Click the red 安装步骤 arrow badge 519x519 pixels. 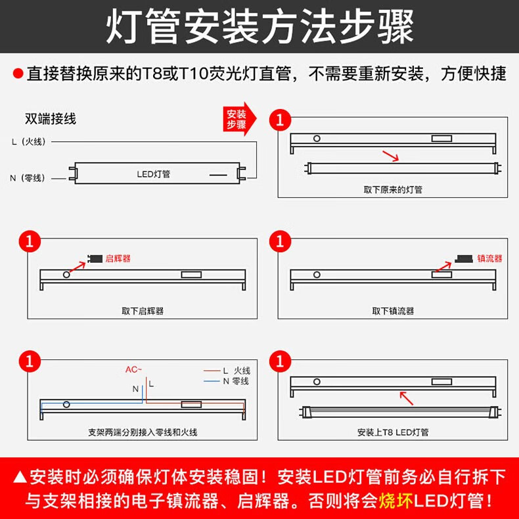click(x=239, y=119)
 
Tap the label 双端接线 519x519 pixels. click(x=51, y=119)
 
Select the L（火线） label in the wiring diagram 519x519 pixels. click(x=28, y=142)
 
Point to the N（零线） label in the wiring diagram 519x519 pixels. click(x=28, y=178)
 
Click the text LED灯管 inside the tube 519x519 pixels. click(x=154, y=174)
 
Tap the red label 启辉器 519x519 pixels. click(x=118, y=258)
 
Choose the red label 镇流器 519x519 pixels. click(x=489, y=258)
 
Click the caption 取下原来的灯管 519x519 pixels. click(x=393, y=190)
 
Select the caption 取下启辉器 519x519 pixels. click(x=143, y=311)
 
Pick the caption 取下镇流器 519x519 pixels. click(x=393, y=311)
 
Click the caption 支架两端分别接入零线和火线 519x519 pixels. click(x=143, y=432)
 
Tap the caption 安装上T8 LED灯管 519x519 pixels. click(x=393, y=432)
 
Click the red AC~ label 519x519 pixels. click(x=134, y=369)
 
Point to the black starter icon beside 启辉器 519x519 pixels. click(x=95, y=258)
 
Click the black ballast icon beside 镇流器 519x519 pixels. click(x=463, y=258)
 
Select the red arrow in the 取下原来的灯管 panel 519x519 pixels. click(x=391, y=156)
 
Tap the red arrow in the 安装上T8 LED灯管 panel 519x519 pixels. click(x=407, y=398)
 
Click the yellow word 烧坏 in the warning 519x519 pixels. click(x=395, y=501)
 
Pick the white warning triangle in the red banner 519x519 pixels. click(x=20, y=477)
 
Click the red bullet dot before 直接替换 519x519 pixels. click(x=18, y=74)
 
